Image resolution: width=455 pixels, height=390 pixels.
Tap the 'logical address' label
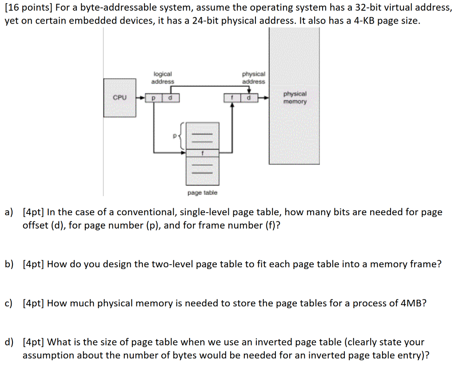pyautogui.click(x=163, y=78)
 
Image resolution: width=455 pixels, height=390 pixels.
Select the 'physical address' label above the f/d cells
pyautogui.click(x=253, y=78)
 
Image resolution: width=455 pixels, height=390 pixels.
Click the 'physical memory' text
pyautogui.click(x=295, y=98)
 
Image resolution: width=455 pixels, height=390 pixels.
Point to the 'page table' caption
pyautogui.click(x=202, y=193)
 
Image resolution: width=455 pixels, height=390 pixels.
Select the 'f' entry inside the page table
pyautogui.click(x=202, y=153)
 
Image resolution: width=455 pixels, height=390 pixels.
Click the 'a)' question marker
pyautogui.click(x=9, y=212)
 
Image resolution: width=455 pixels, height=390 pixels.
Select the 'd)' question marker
pyautogui.click(x=9, y=342)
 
